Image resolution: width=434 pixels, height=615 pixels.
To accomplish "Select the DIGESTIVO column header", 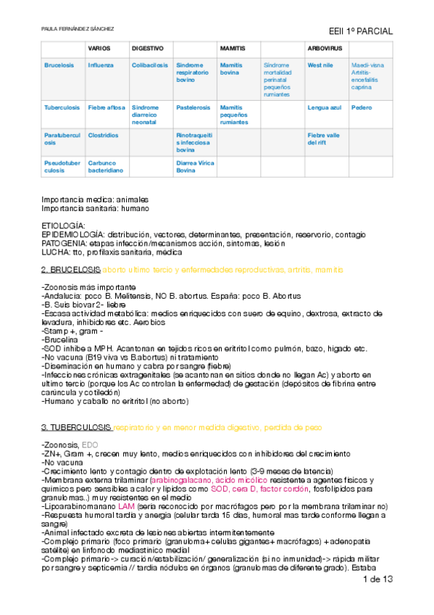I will tap(147, 48).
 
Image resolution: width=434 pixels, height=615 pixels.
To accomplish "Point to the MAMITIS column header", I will tap(232, 48).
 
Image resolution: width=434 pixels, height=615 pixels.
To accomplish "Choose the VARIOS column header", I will tap(99, 48).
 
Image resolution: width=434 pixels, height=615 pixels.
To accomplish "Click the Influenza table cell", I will tap(101, 65).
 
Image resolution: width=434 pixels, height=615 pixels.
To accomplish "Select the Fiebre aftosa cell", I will tap(106, 107).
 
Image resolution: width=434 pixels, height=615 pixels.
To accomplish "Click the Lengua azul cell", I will tap(323, 107).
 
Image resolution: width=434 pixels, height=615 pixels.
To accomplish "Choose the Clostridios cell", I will tap(103, 135).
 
